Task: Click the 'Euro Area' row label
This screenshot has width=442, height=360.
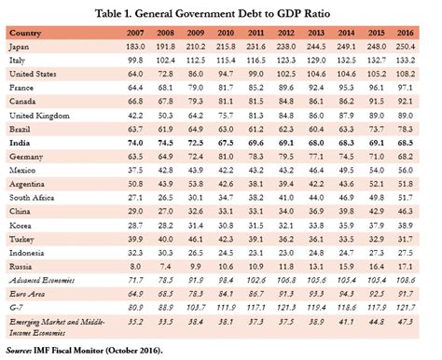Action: pyautogui.click(x=27, y=294)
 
